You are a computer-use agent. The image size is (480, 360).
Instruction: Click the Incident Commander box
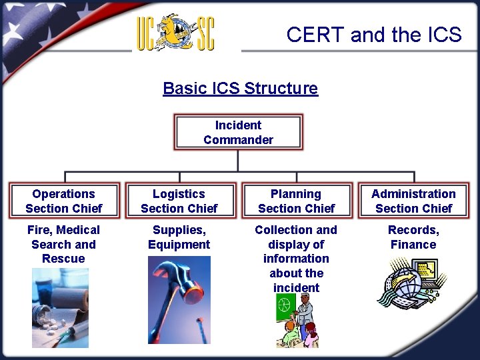point(238,132)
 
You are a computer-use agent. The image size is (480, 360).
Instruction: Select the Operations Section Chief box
point(64,201)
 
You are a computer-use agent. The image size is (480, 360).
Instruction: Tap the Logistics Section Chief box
point(179,201)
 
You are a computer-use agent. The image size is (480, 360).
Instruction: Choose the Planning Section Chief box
point(296,201)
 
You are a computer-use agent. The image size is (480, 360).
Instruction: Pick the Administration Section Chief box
point(413,201)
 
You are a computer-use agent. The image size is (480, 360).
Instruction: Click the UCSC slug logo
point(176,32)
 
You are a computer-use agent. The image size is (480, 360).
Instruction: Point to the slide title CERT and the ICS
point(373,35)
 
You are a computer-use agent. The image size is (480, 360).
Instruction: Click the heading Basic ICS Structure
point(240,88)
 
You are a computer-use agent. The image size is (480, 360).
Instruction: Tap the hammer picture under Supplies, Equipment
point(179,300)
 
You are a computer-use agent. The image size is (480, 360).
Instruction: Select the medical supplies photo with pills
point(60,307)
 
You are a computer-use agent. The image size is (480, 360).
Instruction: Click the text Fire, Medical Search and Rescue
point(63,244)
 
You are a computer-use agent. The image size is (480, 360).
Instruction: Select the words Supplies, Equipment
point(179,237)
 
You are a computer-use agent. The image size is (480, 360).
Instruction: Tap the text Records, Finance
point(413,237)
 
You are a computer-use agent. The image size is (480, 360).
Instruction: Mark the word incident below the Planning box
point(296,288)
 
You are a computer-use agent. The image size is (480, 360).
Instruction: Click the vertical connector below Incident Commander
point(238,160)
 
